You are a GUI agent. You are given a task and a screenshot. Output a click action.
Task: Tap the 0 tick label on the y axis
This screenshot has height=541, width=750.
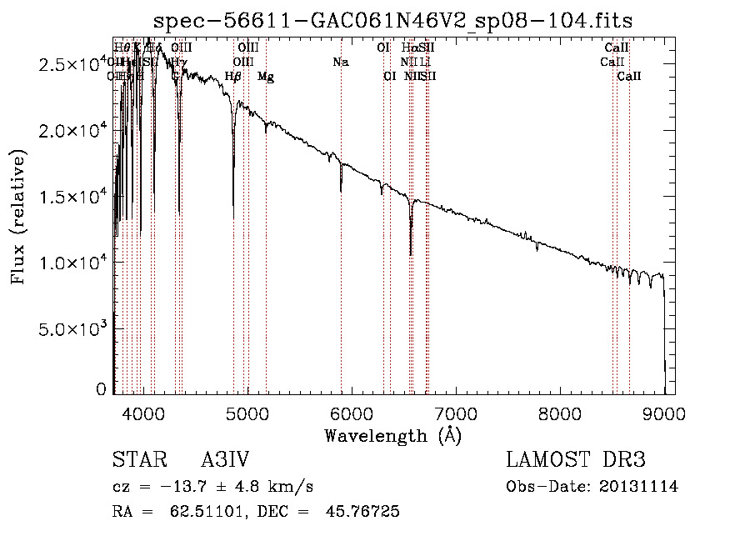pos(101,389)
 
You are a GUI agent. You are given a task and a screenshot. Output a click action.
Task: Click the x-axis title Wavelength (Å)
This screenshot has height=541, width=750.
pos(392,435)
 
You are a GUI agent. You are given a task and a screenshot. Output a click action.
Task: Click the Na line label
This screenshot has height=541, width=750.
pos(340,62)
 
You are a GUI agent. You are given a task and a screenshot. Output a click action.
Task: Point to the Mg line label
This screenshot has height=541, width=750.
pos(265,77)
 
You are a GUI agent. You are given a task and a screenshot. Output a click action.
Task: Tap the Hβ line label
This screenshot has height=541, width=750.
pos(233,76)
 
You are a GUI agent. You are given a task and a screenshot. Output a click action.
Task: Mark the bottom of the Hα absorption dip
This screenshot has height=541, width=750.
pos(411,253)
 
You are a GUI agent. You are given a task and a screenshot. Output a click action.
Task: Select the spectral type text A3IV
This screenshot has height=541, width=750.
pos(226,460)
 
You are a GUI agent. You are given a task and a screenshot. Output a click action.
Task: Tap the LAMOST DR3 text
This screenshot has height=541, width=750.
pos(576,460)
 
